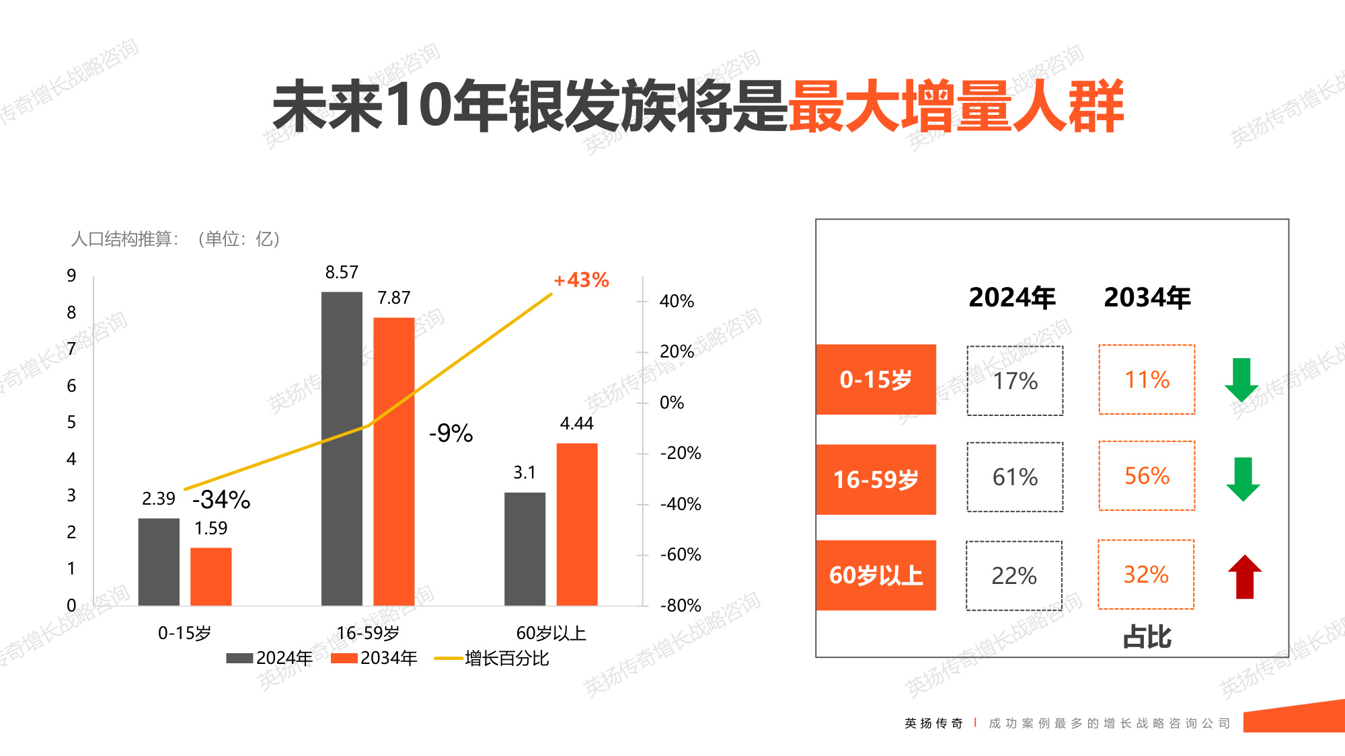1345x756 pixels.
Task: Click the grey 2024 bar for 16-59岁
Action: click(342, 448)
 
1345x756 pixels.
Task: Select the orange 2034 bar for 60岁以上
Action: click(577, 524)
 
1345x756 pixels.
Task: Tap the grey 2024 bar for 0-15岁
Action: click(159, 562)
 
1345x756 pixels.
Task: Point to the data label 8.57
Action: click(342, 272)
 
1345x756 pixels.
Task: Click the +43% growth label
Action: click(581, 280)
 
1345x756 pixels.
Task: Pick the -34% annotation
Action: click(221, 499)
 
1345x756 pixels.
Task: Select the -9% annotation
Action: click(451, 433)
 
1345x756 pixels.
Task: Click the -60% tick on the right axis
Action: click(680, 554)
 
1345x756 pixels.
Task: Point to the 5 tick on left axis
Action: click(71, 422)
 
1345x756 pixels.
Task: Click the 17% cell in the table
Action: click(1015, 381)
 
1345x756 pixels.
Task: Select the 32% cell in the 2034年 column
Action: click(1146, 575)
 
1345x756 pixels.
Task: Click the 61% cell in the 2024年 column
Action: click(1015, 477)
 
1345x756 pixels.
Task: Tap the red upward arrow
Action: click(1244, 577)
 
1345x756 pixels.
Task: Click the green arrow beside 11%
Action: click(1241, 380)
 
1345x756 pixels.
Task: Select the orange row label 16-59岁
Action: click(876, 479)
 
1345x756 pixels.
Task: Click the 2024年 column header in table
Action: click(1011, 298)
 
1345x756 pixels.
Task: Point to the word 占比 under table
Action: click(1147, 636)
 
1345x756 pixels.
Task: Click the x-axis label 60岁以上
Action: click(551, 633)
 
